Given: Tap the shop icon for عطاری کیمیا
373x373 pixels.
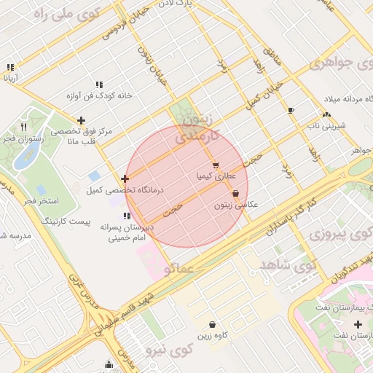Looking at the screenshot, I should (216, 165).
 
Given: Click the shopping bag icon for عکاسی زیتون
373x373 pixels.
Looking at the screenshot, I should (235, 194).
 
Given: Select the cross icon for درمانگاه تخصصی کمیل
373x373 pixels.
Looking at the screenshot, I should (125, 178).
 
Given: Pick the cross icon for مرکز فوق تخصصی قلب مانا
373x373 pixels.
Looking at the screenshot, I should (81, 120).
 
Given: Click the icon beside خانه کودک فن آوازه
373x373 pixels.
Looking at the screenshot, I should (98, 85).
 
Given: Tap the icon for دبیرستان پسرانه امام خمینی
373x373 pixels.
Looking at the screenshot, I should (127, 216).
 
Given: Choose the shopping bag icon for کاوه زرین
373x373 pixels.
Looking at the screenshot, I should (212, 324).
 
